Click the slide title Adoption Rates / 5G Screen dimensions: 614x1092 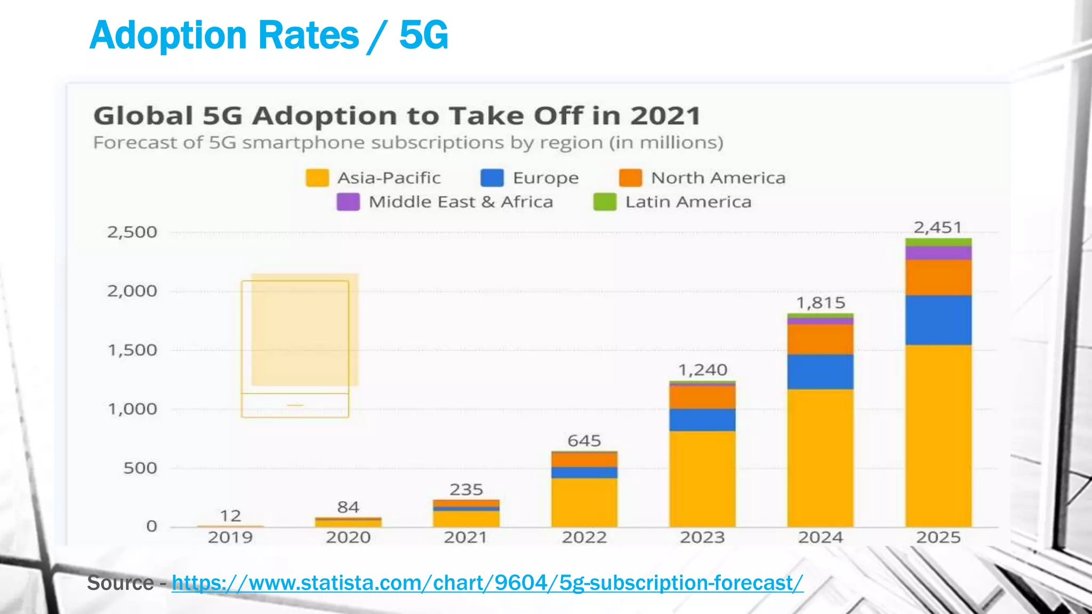click(269, 35)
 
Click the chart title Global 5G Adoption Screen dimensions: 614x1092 click(397, 116)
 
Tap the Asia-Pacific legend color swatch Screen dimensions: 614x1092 click(317, 178)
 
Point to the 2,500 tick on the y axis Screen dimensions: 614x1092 click(132, 232)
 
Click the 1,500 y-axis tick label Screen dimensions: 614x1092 click(132, 350)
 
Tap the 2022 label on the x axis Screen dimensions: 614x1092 click(584, 537)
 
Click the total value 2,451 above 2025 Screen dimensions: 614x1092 click(938, 228)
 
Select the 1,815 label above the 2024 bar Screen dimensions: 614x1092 click(821, 303)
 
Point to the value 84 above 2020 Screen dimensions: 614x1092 click(348, 507)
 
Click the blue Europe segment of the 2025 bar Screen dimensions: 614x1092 click(938, 320)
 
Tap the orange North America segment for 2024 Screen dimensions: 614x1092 click(821, 340)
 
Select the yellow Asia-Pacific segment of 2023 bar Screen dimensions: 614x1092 click(703, 479)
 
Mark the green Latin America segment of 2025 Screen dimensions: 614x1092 click(938, 242)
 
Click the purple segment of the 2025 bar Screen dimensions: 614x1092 click(938, 253)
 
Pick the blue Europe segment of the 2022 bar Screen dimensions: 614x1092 click(584, 472)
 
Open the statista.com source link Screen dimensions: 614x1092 click(487, 583)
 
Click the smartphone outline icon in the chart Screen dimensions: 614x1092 click(295, 349)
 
